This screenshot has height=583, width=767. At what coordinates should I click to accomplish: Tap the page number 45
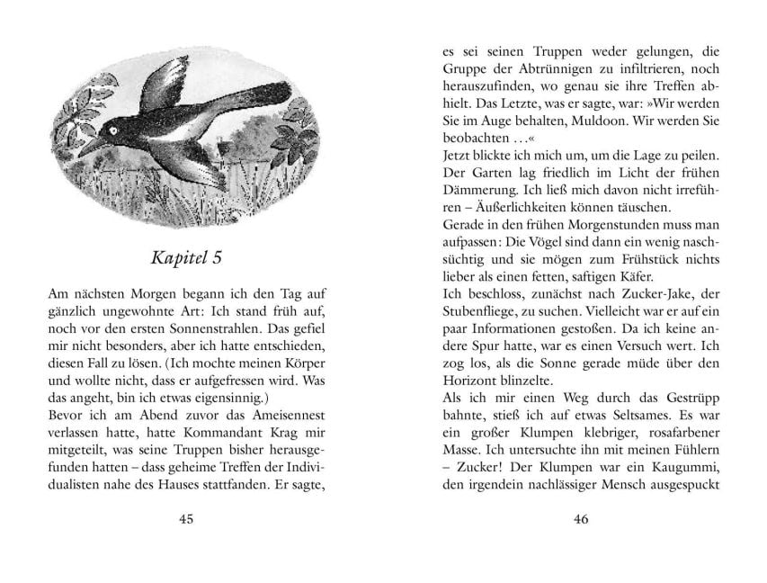[186, 519]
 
